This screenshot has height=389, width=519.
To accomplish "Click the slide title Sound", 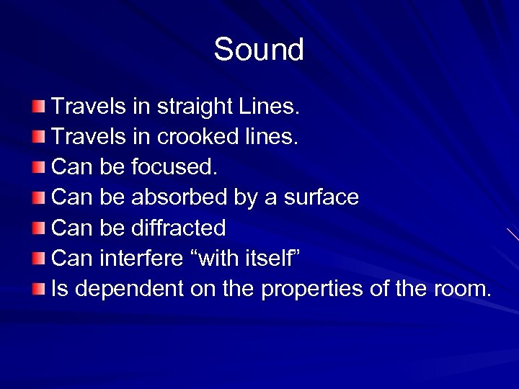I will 259,50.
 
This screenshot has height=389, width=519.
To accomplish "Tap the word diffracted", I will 179,228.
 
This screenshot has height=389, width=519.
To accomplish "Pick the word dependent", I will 129,288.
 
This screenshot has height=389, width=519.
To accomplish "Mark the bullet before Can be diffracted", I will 38,228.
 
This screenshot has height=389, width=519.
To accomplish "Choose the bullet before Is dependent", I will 38,289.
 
